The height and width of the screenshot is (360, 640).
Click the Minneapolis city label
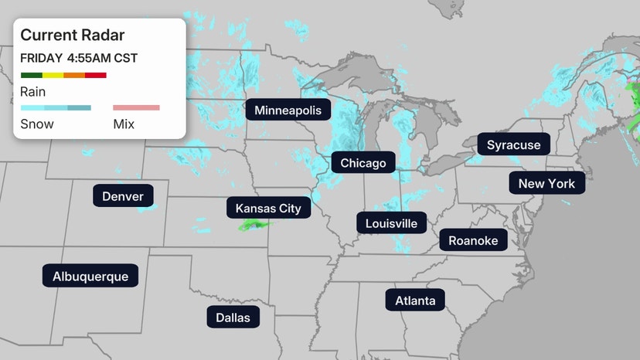[288, 110]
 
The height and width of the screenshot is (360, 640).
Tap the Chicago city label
[363, 163]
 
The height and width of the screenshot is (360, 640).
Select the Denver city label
[123, 196]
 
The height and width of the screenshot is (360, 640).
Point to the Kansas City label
[268, 209]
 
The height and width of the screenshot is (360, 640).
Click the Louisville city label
[392, 224]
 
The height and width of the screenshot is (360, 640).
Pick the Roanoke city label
[473, 240]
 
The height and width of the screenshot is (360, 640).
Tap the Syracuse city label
[513, 144]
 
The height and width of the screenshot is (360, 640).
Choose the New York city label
[546, 184]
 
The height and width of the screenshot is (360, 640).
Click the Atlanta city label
[415, 301]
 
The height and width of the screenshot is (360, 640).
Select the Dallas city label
[233, 317]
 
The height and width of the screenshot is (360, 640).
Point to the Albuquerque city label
[90, 277]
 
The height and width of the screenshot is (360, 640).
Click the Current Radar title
[73, 36]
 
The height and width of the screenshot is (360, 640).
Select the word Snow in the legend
[36, 124]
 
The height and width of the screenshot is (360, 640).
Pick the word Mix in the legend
[124, 124]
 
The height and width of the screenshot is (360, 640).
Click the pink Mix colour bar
[136, 108]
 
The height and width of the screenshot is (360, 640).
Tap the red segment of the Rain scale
[96, 75]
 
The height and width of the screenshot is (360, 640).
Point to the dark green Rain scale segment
[31, 75]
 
